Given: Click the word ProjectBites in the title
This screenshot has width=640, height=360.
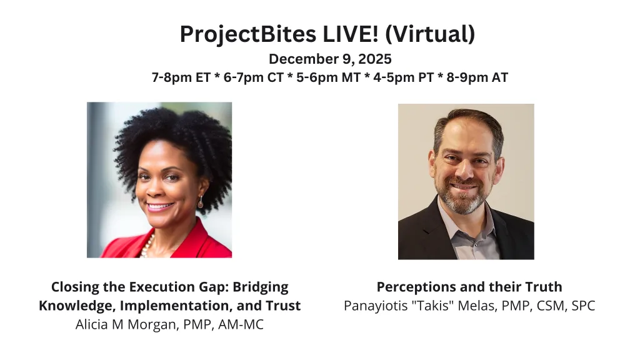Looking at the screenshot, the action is (x=247, y=34).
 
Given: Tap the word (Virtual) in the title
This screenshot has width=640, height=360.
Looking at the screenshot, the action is (x=430, y=34).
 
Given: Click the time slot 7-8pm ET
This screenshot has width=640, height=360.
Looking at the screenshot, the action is (x=181, y=77).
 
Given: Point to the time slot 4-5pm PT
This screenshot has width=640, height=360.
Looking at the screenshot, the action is (x=403, y=77).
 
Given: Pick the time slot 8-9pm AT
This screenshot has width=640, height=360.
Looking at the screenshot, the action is (x=477, y=77).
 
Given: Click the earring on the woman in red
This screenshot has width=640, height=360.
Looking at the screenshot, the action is (x=201, y=202).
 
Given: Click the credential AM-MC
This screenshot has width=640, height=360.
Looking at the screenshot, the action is (x=241, y=324).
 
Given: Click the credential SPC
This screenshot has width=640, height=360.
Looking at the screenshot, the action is (x=583, y=306).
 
